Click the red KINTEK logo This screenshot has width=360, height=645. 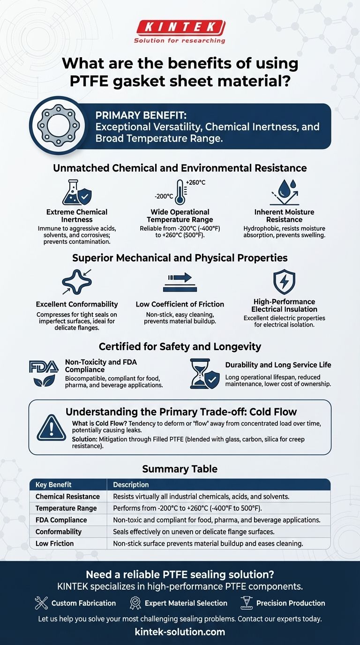(180, 28)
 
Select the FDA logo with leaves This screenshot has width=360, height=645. (44, 373)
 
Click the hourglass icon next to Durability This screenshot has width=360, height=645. (204, 374)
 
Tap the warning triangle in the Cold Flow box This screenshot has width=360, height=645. (52, 427)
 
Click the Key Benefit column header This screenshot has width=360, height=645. (53, 485)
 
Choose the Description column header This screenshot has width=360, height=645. (131, 485)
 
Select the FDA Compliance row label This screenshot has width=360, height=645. (61, 520)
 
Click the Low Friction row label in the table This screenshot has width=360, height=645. (55, 543)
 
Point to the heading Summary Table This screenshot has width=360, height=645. (180, 469)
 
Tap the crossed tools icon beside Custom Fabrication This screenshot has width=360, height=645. (41, 603)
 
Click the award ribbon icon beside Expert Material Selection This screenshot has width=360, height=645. (135, 603)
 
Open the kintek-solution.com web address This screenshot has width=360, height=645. (180, 632)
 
